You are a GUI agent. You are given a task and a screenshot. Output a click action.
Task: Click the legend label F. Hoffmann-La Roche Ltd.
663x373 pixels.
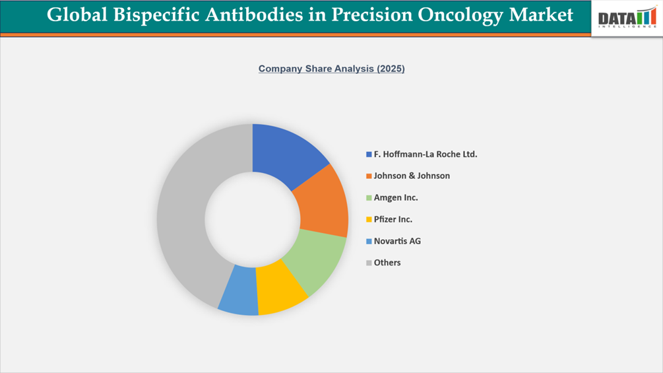(x=425, y=154)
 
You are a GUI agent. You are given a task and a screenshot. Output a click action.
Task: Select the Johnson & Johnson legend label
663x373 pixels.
(x=412, y=176)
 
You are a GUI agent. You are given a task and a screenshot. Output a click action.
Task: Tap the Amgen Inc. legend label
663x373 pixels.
(x=396, y=198)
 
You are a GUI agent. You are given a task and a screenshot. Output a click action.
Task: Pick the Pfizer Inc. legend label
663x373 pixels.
(x=393, y=219)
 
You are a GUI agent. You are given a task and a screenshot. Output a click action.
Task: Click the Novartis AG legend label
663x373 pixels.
(x=397, y=241)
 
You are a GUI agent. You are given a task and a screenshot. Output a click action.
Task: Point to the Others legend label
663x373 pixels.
(x=387, y=263)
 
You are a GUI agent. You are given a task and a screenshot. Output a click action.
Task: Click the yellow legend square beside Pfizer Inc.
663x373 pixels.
(x=369, y=220)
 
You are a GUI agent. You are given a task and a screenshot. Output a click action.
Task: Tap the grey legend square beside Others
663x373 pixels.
(x=369, y=263)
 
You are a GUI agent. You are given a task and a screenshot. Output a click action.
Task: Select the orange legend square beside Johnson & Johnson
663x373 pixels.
(x=369, y=176)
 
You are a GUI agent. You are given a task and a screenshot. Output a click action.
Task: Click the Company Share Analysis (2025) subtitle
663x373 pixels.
(x=331, y=69)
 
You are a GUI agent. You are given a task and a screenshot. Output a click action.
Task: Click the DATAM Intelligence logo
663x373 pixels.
(x=627, y=18)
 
